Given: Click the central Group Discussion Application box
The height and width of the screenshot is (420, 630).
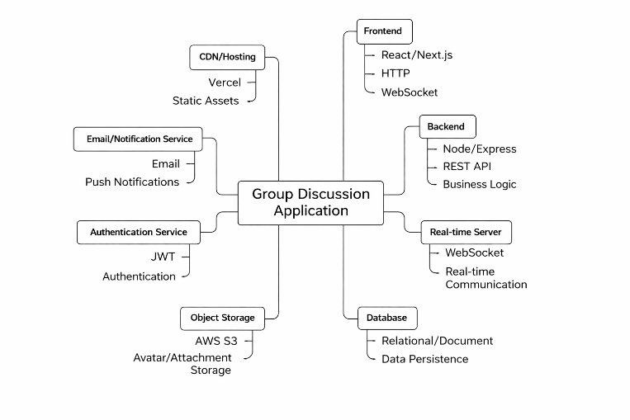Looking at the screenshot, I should pos(310,202).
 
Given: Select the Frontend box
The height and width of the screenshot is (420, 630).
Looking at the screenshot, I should pos(382,31).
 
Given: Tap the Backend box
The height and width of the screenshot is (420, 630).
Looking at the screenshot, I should pos(446,127).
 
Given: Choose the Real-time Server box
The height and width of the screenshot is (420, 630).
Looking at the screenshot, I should pos(466,232).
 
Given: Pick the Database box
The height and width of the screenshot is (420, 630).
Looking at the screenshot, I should pos(386,318).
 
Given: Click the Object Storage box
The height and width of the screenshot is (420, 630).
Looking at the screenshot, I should pos(222,318).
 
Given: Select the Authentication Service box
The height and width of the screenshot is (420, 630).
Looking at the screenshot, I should pos(139,232).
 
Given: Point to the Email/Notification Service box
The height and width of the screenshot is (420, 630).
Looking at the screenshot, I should pos(140,139).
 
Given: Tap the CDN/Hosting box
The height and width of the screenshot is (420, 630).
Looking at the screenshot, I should pos(227,58).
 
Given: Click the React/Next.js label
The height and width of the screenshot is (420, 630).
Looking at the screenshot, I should pos(416,55).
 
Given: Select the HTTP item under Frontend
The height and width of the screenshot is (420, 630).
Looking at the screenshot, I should pos(396,73).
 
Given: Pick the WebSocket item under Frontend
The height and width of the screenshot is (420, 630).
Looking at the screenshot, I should pos(410,92).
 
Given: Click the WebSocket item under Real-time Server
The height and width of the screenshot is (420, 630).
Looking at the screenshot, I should pos(474,252).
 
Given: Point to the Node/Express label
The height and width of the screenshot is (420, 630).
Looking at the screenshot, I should pos(479,149).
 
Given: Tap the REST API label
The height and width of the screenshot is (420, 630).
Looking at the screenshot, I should pos(467,167).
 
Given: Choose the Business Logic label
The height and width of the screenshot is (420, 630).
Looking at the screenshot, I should pos(479,184).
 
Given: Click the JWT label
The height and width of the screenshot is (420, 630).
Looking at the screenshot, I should pos(163,257).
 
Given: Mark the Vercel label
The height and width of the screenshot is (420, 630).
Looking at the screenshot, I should pos(225,83).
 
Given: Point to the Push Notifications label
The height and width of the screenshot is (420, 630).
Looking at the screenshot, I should pos(132,182).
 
